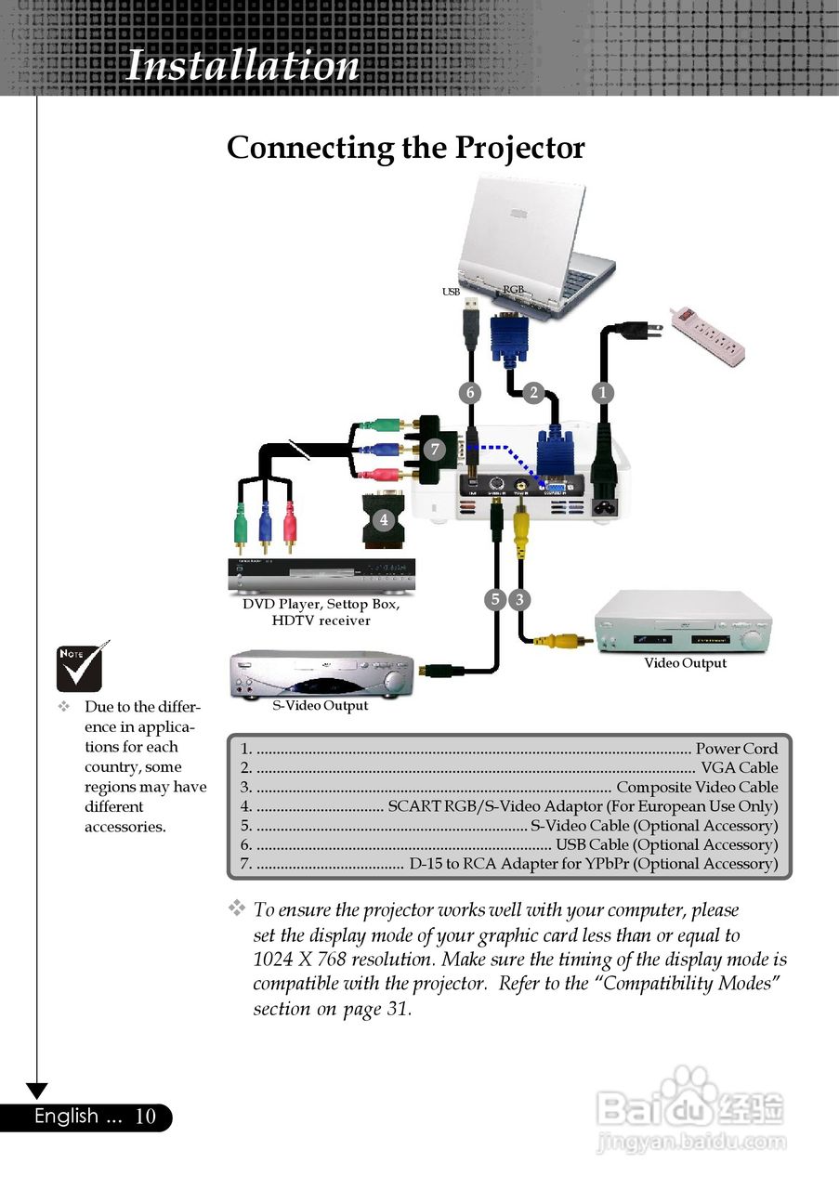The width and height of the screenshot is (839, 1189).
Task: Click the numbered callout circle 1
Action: point(603,393)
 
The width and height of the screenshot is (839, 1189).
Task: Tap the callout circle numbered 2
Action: point(532,393)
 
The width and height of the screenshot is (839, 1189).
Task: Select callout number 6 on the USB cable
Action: point(471,393)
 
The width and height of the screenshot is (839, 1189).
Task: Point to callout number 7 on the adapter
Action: point(435,450)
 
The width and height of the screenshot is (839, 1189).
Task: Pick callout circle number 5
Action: point(495,599)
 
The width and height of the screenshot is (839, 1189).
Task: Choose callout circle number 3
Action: point(520,599)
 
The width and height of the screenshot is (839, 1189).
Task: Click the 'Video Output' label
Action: point(685,663)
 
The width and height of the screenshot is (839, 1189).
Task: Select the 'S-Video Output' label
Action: point(320,705)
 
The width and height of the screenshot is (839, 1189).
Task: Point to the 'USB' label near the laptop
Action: point(452,292)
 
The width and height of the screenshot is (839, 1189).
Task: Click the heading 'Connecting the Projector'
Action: point(406,148)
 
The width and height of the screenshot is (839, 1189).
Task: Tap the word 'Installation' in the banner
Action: point(243,65)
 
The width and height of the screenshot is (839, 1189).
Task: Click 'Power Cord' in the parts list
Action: point(737,749)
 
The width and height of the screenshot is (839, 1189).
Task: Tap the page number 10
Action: point(146,1117)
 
